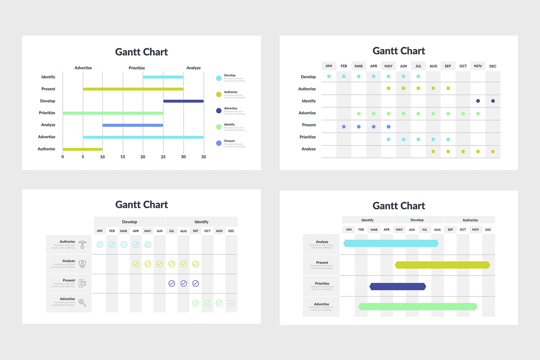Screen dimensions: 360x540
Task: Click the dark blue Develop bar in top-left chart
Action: (183, 101)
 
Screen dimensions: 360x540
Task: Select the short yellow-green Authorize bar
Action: (82, 149)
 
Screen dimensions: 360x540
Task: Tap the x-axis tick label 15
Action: (123, 157)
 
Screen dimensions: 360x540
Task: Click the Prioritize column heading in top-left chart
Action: (136, 68)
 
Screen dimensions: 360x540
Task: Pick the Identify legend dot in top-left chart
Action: (219, 127)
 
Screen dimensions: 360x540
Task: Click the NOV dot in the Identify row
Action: (478, 101)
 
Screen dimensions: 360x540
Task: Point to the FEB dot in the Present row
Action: (344, 127)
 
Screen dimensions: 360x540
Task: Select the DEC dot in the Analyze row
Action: (493, 152)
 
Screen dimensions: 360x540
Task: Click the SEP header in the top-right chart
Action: (448, 66)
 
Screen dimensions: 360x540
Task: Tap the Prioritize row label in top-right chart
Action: (308, 137)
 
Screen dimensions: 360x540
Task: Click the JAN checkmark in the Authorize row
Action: (100, 245)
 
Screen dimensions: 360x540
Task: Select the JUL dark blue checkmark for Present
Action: (172, 283)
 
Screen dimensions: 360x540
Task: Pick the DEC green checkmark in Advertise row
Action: (231, 303)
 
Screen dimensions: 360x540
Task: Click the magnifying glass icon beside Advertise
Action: (82, 303)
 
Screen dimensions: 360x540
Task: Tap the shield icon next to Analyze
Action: (82, 264)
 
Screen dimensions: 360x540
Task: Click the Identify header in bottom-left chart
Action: (201, 222)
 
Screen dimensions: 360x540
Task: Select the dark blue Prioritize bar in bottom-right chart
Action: (398, 287)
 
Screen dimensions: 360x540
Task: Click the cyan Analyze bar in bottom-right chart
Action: (391, 243)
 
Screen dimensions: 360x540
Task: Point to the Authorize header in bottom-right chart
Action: (470, 220)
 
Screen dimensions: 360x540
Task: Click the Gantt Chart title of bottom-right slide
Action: (398, 206)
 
